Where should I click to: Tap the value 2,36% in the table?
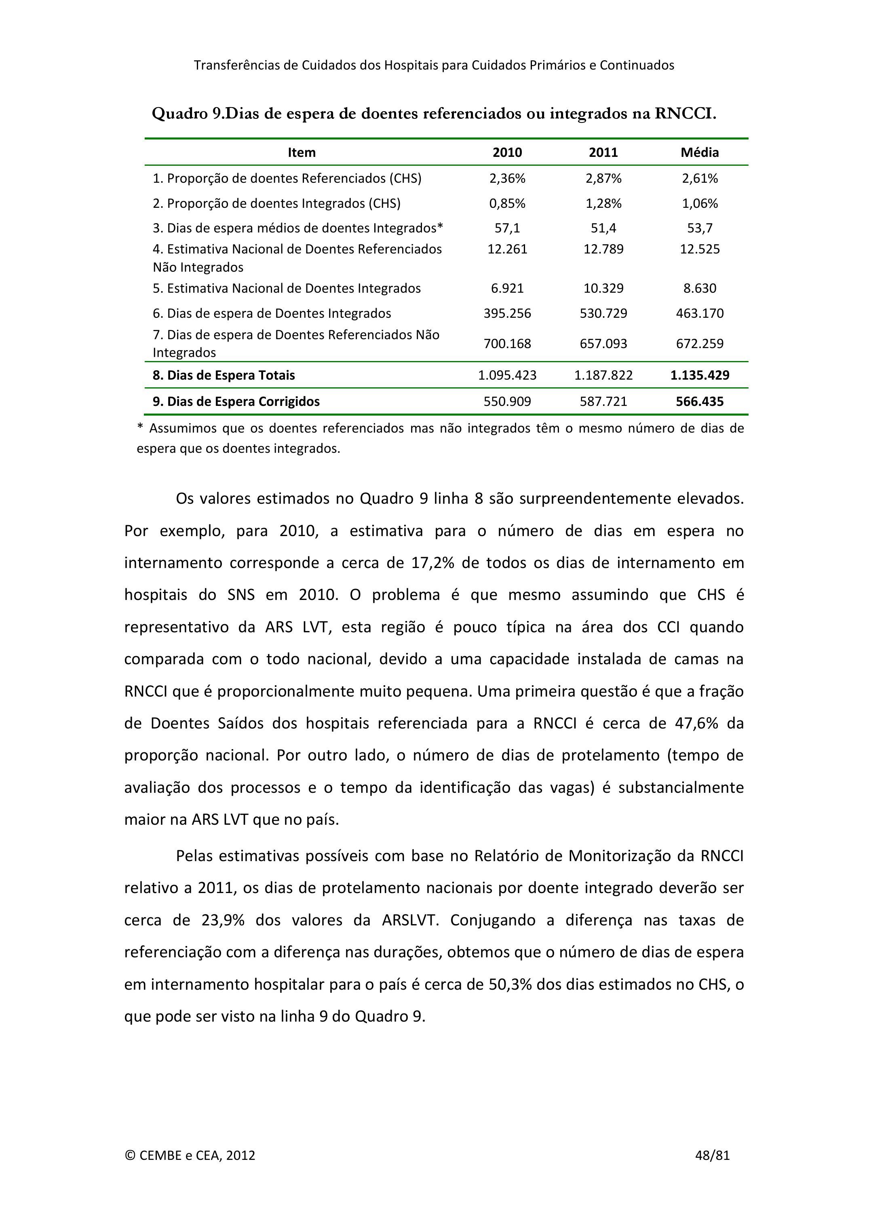[507, 178]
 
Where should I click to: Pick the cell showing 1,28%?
[603, 203]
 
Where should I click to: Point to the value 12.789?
[603, 249]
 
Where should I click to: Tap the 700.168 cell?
[507, 344]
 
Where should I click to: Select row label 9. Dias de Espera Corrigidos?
[236, 401]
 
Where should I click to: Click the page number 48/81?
[712, 1155]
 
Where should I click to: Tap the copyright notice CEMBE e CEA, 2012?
[190, 1155]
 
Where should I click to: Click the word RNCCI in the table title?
[685, 114]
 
